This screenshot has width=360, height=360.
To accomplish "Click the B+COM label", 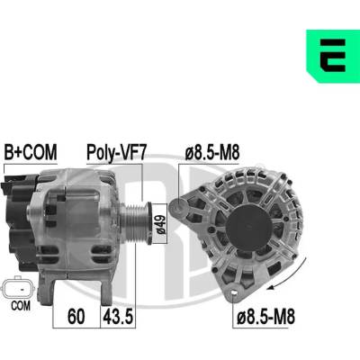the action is [x=30, y=152].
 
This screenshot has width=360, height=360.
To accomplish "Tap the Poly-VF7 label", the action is [x=116, y=153].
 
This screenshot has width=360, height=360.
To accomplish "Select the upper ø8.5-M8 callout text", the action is [x=212, y=152].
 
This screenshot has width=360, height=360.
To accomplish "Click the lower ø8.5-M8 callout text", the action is [x=265, y=317].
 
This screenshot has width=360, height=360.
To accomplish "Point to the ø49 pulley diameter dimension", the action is [x=160, y=223].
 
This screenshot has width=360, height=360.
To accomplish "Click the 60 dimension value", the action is [x=76, y=317].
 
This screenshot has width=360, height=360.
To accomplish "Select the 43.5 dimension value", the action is [x=117, y=317].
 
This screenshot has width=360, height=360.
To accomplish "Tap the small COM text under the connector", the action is [x=21, y=306].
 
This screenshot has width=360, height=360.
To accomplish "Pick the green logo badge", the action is [x=333, y=56].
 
